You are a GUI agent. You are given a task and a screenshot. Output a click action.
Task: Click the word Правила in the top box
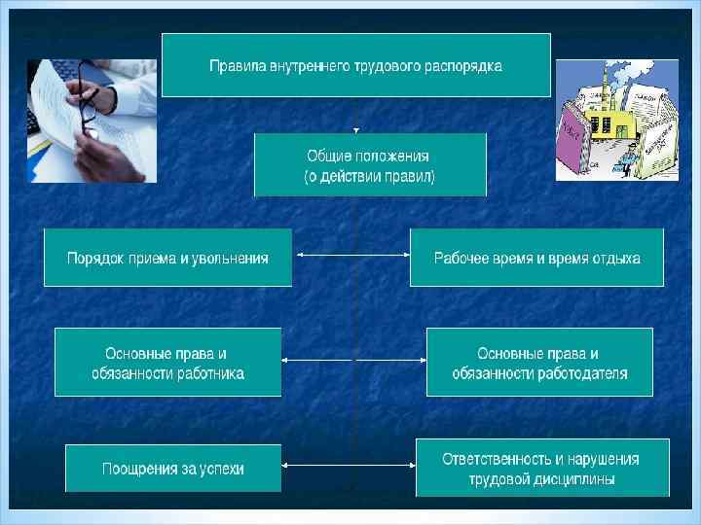[237, 67]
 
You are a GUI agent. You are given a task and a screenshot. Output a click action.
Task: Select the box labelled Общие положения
[370, 164]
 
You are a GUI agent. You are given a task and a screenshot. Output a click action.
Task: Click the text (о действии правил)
[370, 177]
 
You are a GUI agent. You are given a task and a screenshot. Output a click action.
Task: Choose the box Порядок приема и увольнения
[167, 258]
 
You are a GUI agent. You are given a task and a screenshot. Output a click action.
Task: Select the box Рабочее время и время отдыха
[536, 258]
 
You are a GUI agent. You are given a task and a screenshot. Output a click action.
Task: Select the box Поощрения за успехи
[173, 469]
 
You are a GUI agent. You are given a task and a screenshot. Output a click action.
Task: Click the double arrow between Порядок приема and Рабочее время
[350, 256]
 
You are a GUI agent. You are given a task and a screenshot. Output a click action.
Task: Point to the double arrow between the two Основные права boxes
[353, 360]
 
